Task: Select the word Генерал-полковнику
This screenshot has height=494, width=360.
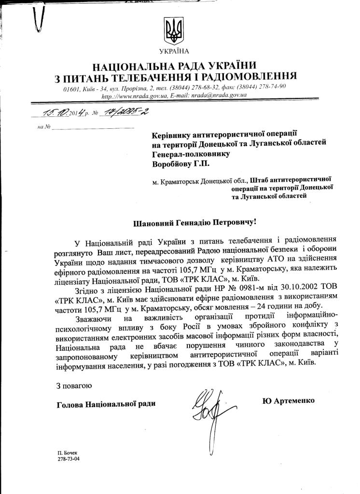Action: click(x=191, y=153)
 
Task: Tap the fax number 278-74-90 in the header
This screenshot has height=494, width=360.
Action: click(x=273, y=86)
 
